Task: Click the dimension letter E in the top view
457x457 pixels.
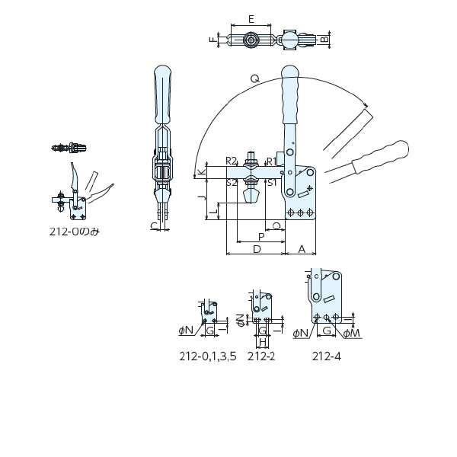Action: click(251, 19)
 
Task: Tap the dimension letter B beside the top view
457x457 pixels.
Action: click(324, 39)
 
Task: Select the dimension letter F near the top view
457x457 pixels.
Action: click(213, 40)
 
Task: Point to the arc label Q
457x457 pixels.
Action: click(254, 78)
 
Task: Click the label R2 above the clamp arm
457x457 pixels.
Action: click(232, 161)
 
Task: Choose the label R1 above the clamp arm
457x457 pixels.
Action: click(272, 161)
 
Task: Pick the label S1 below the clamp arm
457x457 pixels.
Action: click(272, 183)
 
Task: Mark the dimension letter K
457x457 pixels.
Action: click(202, 172)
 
